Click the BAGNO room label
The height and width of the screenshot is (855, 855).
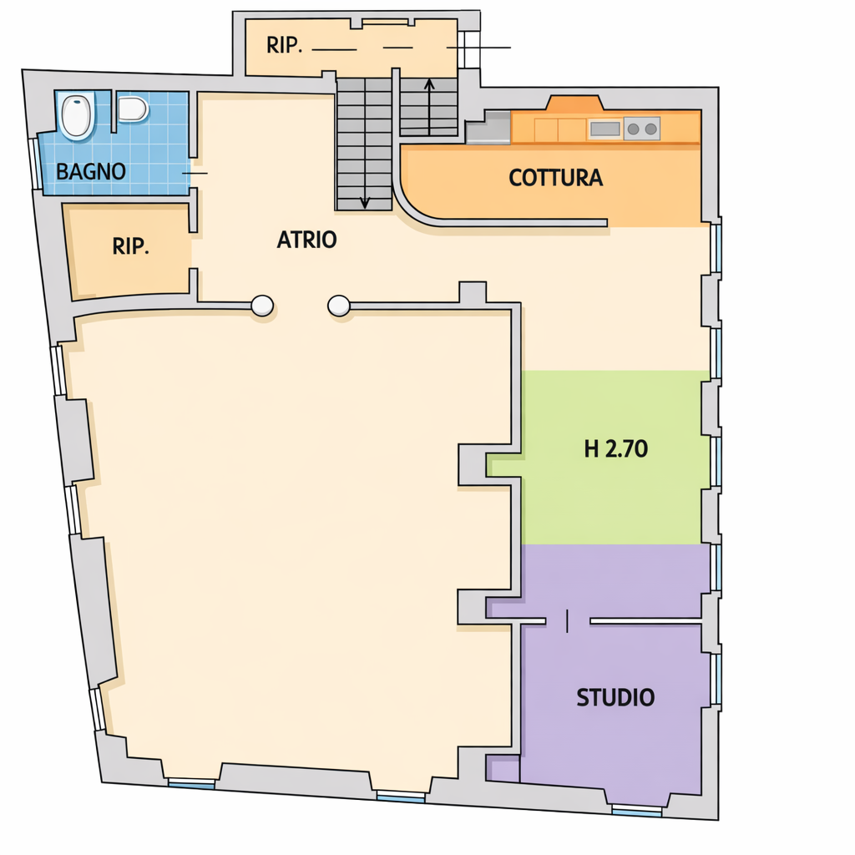pyautogui.click(x=91, y=172)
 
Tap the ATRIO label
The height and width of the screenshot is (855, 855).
pyautogui.click(x=306, y=240)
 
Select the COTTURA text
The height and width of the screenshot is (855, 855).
pyautogui.click(x=555, y=178)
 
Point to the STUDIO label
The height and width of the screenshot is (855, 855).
pyautogui.click(x=615, y=697)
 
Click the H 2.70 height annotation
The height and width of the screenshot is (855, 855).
pyautogui.click(x=616, y=448)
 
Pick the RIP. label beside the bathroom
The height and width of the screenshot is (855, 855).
pyautogui.click(x=131, y=246)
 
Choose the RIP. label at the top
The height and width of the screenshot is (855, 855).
pyautogui.click(x=284, y=45)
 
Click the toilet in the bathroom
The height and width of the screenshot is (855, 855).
pyautogui.click(x=133, y=109)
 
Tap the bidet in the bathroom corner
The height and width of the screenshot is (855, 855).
pyautogui.click(x=76, y=115)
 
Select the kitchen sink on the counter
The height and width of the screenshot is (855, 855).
pyautogui.click(x=605, y=129)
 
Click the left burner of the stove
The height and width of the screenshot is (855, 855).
pyautogui.click(x=633, y=129)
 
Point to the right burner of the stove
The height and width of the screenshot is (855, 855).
pyautogui.click(x=651, y=129)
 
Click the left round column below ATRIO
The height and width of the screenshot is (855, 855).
pyautogui.click(x=262, y=306)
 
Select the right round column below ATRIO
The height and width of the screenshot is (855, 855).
pyautogui.click(x=339, y=306)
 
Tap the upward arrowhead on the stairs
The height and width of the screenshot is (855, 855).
pyautogui.click(x=429, y=84)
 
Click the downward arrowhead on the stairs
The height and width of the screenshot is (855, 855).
pyautogui.click(x=365, y=203)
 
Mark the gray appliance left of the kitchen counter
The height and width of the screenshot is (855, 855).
pyautogui.click(x=488, y=128)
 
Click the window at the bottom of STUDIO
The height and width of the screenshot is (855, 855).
pyautogui.click(x=637, y=812)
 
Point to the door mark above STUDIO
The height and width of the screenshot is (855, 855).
pyautogui.click(x=568, y=621)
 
